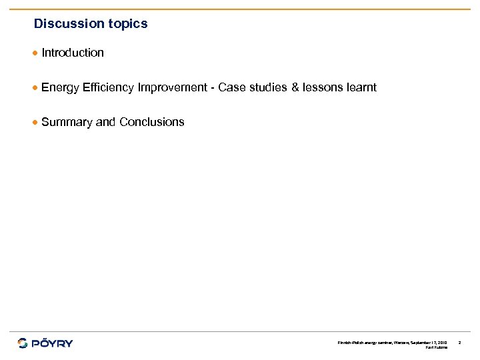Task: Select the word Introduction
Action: pyautogui.click(x=73, y=53)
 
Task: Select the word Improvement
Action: pyautogui.click(x=172, y=87)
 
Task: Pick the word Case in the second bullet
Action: pyautogui.click(x=231, y=87)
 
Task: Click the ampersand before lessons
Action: pyautogui.click(x=295, y=87)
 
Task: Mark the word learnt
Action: pyautogui.click(x=361, y=87)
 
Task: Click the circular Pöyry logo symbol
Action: pyautogui.click(x=23, y=343)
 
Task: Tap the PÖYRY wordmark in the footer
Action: pyautogui.click(x=53, y=343)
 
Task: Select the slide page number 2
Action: pyautogui.click(x=460, y=342)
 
